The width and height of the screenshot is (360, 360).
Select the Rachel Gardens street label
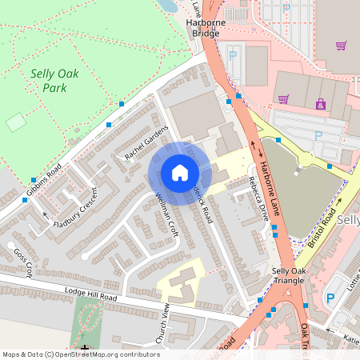pyautogui.click(x=146, y=142)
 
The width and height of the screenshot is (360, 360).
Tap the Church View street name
pyautogui.click(x=163, y=325)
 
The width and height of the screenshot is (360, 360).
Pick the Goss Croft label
pyautogui.click(x=22, y=262)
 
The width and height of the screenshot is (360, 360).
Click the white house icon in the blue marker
pyautogui.click(x=180, y=173)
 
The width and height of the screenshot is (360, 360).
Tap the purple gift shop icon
pyautogui.click(x=321, y=104)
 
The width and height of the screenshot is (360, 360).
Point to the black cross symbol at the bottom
pyautogui.click(x=85, y=349)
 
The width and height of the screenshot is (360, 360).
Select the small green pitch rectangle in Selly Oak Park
pyautogui.click(x=16, y=122)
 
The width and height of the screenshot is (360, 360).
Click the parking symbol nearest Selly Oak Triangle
pyautogui.click(x=330, y=298)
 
